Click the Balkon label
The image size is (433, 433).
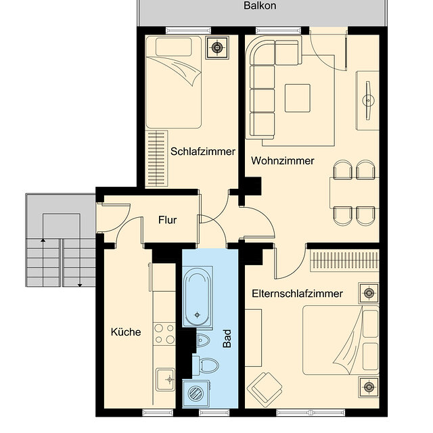pos(260,6)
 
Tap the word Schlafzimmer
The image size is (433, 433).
pos(203,152)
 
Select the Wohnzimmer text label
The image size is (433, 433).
pos(282,161)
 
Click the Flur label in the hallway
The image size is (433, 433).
pos(168,220)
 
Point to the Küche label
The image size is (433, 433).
pos(126,332)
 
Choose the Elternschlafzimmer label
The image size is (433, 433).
pos(297,294)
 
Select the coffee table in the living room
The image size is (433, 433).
pos(297,98)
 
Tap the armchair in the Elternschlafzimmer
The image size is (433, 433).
pos(265,390)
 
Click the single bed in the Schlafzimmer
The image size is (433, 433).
pos(174,81)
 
